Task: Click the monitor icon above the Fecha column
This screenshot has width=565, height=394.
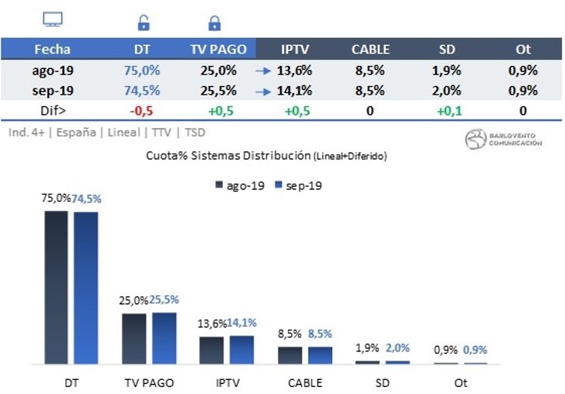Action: [x=52, y=21]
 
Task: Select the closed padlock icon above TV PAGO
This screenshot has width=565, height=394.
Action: [x=215, y=23]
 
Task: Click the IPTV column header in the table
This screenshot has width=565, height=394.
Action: [x=296, y=49]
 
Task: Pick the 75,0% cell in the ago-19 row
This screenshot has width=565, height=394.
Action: [x=142, y=70]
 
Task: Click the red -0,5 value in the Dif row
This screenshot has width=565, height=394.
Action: [x=142, y=110]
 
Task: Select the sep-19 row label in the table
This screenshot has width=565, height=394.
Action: [x=52, y=90]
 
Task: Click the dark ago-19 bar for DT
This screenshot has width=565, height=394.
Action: [x=56, y=287]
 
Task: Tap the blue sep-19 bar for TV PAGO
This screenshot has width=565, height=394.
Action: [x=165, y=338]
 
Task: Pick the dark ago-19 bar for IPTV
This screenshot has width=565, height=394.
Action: [x=212, y=350]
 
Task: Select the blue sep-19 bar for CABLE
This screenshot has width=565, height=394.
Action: [x=320, y=355]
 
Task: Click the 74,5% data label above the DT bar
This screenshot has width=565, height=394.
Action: [x=88, y=199]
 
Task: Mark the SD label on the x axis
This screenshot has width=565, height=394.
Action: [x=383, y=382]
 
